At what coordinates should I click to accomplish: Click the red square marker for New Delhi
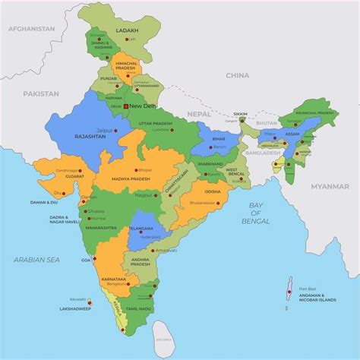126,106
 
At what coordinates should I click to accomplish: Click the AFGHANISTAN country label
31,28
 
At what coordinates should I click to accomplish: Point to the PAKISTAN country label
40,93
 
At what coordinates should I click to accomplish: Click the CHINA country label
237,75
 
